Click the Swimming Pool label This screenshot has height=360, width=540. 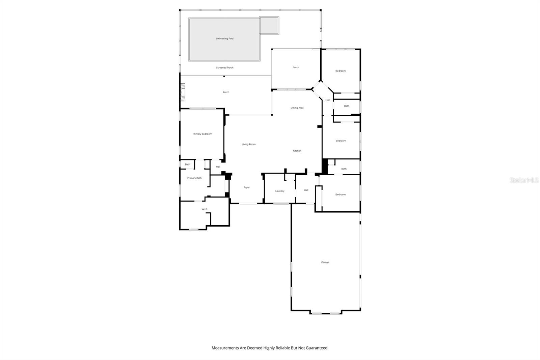tap(224, 38)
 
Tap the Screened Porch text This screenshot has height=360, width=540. tap(224, 68)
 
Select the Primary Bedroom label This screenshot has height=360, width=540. tap(202, 134)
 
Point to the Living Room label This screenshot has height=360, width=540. tap(248, 144)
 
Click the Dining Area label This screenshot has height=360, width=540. tap(297, 108)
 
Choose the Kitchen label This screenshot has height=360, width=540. tap(297, 151)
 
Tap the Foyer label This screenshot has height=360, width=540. tap(247, 187)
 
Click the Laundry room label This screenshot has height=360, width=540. tap(280, 191)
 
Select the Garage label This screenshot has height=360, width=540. tap(325, 262)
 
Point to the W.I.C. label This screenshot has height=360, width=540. tap(205, 209)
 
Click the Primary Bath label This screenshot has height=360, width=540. tap(194, 178)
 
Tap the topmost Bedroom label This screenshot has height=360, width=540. tap(341, 71)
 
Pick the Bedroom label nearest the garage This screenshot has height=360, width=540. tap(341, 195)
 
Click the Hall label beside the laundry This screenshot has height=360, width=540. tap(306, 190)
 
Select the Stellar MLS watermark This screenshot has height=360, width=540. tap(524, 180)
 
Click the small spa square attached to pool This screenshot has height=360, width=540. tap(269, 25)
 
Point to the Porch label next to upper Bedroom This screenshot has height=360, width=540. tap(296, 68)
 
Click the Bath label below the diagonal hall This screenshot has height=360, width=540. tap(347, 106)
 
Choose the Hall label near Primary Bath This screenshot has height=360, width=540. tap(218, 167)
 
